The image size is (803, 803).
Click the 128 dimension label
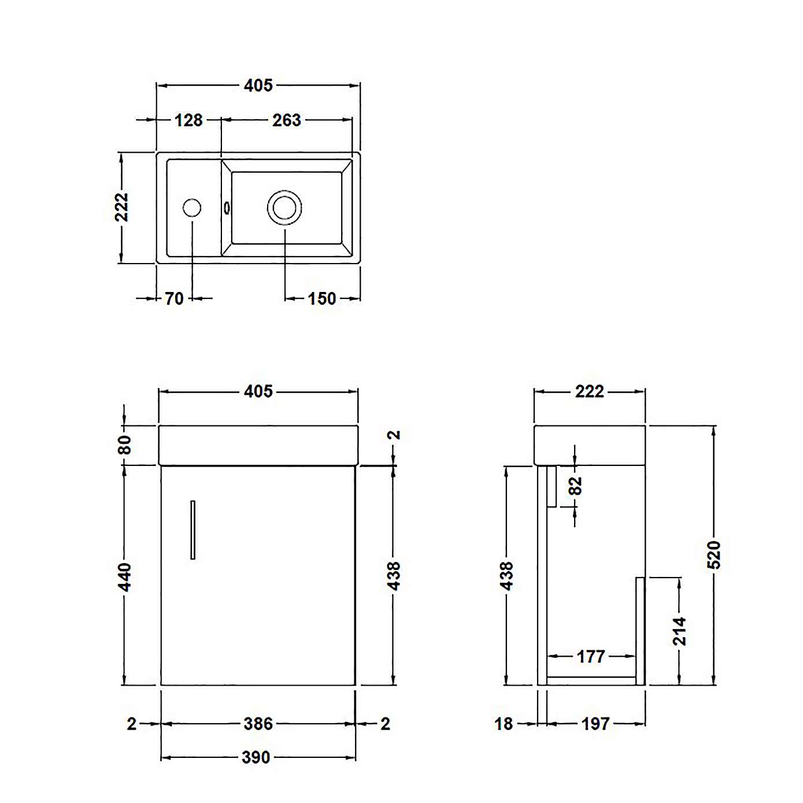coord(188,120)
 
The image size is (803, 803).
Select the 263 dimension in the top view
coord(286,120)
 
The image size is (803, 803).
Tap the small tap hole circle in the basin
coord(192,208)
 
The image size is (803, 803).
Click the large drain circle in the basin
coord(284,208)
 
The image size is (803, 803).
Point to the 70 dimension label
coord(174,299)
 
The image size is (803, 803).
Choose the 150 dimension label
coord(321,299)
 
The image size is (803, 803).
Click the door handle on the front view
coord(193,530)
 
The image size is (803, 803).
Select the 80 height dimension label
coord(125,445)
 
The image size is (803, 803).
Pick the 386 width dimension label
coord(258,724)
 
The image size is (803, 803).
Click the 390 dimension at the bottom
coord(256,757)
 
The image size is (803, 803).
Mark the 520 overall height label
coord(714,555)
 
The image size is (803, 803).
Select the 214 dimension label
coord(679,631)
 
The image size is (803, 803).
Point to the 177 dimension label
coord(590,657)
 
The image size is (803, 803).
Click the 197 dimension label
coord(595,724)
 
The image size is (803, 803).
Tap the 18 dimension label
coord(503,724)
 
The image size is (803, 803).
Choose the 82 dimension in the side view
coord(575,486)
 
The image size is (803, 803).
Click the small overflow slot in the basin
coord(227,208)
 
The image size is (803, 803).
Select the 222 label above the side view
coord(589,392)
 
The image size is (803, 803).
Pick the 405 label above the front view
coord(258,391)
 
